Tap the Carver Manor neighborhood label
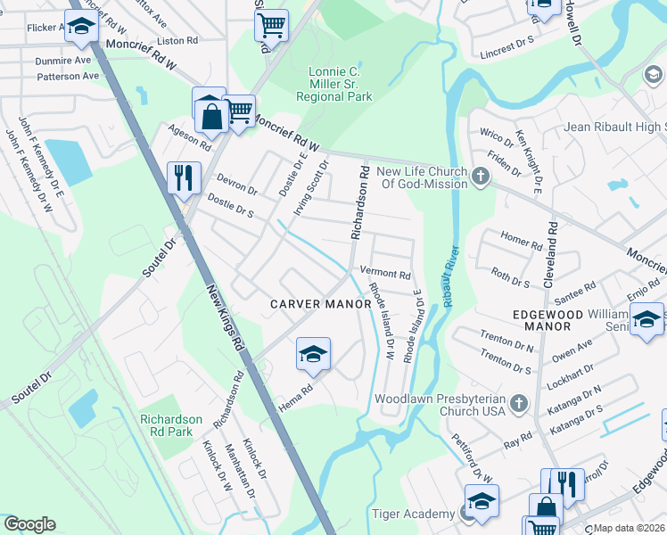tap(321, 304)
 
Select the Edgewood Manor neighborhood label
tap(548, 321)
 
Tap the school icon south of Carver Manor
tap(313, 356)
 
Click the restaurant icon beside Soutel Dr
tap(184, 177)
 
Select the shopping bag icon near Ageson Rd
tap(210, 114)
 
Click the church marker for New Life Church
tap(482, 177)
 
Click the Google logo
tap(29, 524)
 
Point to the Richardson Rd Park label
tap(170, 425)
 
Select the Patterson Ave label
tap(68, 77)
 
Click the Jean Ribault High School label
tap(614, 128)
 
